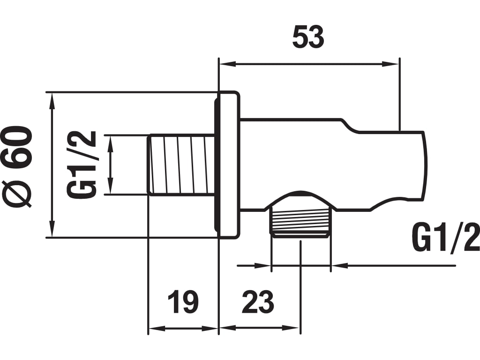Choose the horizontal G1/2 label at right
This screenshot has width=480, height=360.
click(446, 238)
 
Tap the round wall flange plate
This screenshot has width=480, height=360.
click(228, 164)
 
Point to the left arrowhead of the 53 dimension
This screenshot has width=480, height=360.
click(227, 64)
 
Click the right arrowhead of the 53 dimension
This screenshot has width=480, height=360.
click(391, 64)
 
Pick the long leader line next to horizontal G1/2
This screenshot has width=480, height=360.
click(398, 266)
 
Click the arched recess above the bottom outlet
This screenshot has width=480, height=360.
click(300, 196)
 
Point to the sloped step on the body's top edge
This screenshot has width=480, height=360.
click(351, 124)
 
